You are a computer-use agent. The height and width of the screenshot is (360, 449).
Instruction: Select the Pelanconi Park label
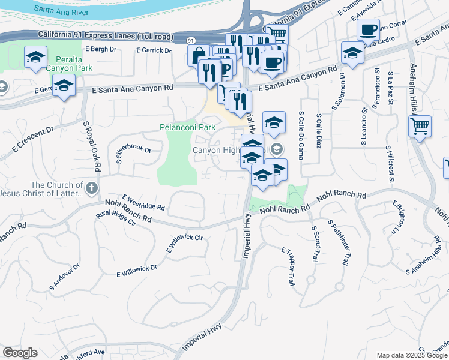tap(187, 127)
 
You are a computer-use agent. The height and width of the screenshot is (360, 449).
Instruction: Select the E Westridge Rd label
tap(143, 202)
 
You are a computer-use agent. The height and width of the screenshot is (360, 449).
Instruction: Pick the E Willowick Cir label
tap(185, 245)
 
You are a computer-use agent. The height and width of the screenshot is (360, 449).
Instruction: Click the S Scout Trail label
tap(313, 244)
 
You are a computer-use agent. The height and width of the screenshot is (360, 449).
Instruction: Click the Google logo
tap(20, 353)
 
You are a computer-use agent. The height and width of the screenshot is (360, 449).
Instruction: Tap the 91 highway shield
tap(190, 40)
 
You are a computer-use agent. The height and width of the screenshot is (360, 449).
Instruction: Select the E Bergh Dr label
tap(100, 49)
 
